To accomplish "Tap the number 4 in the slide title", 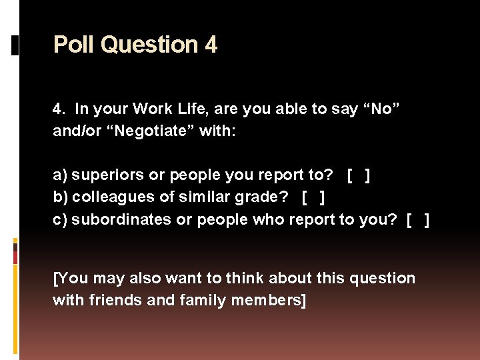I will click(211, 45).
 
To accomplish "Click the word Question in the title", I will click(149, 45).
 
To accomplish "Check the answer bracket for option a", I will click(359, 175).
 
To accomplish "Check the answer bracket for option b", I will click(313, 197).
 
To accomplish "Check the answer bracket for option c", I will click(417, 219).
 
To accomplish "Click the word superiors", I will click(107, 175).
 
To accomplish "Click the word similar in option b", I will click(217, 197).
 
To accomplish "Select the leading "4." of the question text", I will click(59, 109).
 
